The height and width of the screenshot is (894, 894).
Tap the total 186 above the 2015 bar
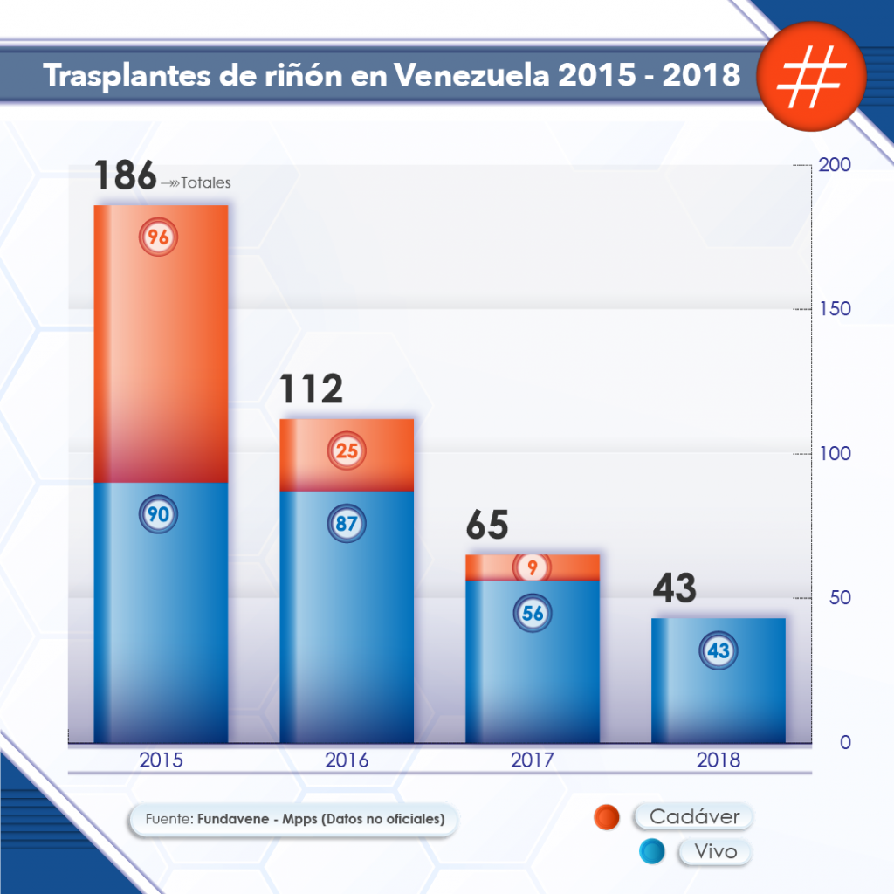125,175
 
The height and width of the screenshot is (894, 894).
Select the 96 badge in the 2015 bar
158,237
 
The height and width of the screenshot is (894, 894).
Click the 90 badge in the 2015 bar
158,514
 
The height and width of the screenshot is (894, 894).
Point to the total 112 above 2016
311,389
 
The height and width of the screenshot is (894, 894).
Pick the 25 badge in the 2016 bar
347,451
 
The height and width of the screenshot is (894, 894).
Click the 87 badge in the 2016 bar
347,525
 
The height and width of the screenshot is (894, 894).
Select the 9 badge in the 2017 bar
532,567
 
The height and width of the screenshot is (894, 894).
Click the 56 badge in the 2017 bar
533,613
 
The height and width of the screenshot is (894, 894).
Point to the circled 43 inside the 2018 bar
719,650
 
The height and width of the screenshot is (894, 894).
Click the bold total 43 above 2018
674,589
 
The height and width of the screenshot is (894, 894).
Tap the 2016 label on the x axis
347,760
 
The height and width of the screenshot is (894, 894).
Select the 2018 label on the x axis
719,760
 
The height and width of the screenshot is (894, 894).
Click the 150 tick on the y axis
833,310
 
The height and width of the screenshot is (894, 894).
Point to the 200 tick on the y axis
833,166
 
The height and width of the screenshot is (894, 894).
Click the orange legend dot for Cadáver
606,818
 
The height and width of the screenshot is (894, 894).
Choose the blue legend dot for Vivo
652,851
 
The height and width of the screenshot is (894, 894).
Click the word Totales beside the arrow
206,183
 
